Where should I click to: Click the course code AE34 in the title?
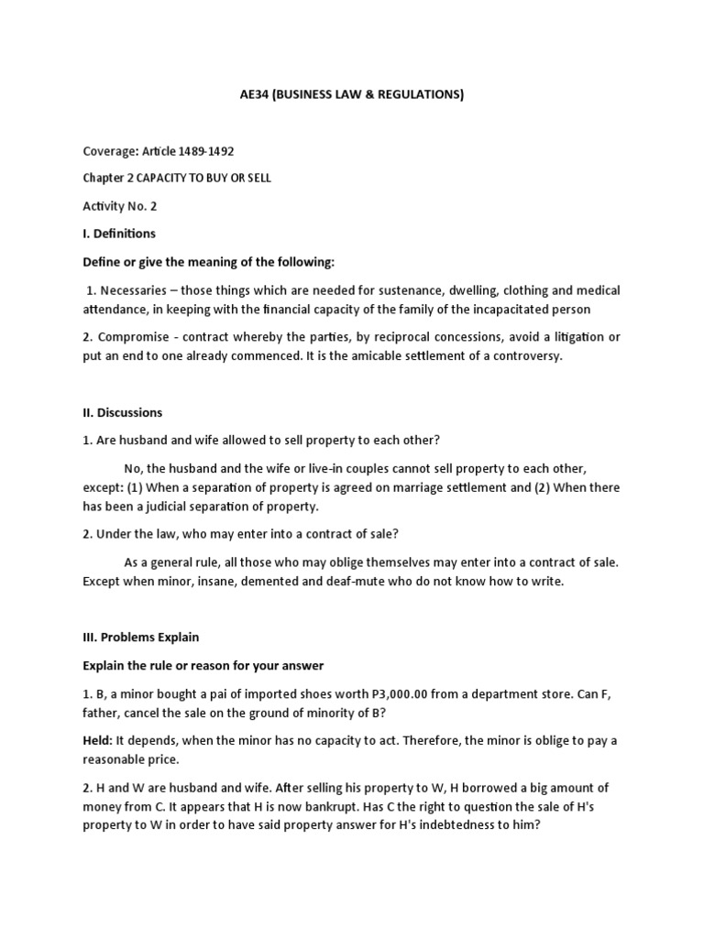click(x=240, y=94)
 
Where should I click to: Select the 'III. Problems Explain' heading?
click(x=140, y=637)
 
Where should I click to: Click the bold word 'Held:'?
click(x=99, y=740)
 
